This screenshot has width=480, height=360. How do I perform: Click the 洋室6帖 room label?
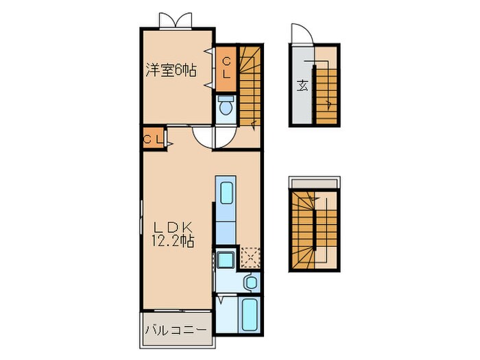(169, 70)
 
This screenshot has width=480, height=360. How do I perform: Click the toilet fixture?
(226, 106)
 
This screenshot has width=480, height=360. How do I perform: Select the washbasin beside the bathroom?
(251, 282)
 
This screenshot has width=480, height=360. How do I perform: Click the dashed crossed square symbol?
(251, 258)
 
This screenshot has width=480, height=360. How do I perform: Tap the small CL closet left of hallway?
(153, 139)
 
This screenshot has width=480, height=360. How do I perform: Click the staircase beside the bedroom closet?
(251, 86)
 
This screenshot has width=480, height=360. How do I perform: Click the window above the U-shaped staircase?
(314, 182)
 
